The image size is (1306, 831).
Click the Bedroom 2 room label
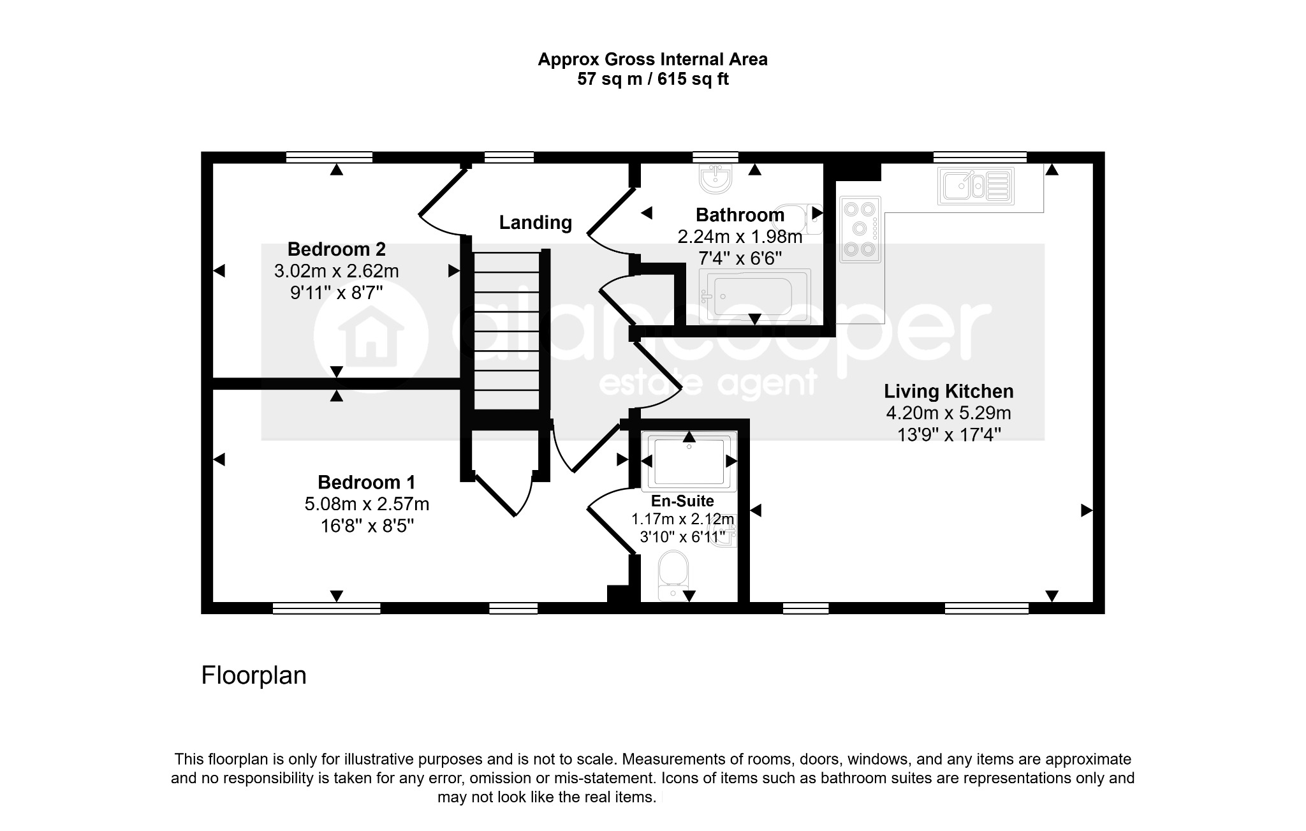(336, 249)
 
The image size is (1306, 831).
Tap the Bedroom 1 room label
(367, 482)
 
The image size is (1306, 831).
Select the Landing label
(535, 223)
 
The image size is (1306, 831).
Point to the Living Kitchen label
(948, 391)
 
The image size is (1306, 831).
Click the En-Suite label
(682, 501)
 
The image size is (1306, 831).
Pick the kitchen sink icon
(976, 186)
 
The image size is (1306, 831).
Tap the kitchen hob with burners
(860, 229)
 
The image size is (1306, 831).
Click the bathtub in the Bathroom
(755, 296)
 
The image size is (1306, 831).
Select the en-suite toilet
(673, 576)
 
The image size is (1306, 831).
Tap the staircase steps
(507, 330)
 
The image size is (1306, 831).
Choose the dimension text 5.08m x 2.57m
(367, 504)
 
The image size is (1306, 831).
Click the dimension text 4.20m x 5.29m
(948, 413)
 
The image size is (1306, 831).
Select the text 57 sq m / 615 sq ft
(652, 79)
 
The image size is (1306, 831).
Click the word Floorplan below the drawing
(254, 675)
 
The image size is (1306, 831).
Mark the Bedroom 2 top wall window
(329, 157)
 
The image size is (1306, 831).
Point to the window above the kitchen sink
(979, 157)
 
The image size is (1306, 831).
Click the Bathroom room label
(740, 215)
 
